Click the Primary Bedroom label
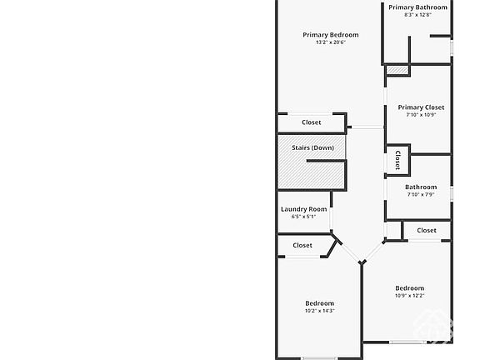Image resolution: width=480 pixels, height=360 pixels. click(x=331, y=35)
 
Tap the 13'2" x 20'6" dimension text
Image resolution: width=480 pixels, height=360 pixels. click(x=331, y=42)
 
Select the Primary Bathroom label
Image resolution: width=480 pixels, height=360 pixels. click(x=417, y=7)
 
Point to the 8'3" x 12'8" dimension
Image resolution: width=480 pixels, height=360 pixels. click(x=417, y=15)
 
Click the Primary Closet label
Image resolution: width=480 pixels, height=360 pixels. click(x=421, y=107)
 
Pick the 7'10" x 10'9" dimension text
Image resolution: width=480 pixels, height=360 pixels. click(x=421, y=115)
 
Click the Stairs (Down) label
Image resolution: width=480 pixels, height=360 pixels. click(x=312, y=147)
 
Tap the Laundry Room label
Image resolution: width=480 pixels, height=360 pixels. click(x=303, y=209)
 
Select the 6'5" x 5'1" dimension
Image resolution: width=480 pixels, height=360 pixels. click(x=303, y=217)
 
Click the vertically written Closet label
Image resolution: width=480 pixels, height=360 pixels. click(x=397, y=160)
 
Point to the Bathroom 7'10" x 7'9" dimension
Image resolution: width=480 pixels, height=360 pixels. click(x=421, y=195)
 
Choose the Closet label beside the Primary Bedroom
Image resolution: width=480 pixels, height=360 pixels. click(x=312, y=122)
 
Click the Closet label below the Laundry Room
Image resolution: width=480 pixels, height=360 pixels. click(x=302, y=246)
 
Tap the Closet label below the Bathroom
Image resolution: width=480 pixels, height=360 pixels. click(x=427, y=231)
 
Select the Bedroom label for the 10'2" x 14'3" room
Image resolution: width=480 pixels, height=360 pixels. click(x=320, y=303)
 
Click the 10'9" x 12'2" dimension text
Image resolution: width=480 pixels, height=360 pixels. click(x=410, y=296)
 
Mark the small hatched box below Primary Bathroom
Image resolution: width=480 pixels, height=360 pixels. click(x=397, y=70)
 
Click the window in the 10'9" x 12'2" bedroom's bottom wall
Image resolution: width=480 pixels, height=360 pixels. click(x=407, y=342)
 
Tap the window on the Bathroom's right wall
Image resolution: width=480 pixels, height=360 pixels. click(x=452, y=194)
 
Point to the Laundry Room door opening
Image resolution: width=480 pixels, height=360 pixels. click(x=331, y=218)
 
